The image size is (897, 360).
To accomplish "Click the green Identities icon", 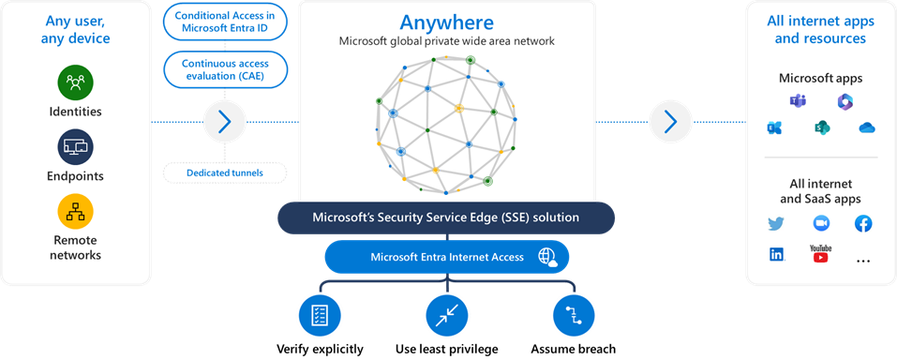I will pyautogui.click(x=75, y=82).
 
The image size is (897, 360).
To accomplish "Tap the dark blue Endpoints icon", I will pyautogui.click(x=75, y=146).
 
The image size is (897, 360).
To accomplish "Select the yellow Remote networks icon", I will pyautogui.click(x=75, y=212).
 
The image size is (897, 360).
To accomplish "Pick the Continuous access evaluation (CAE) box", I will pyautogui.click(x=225, y=67).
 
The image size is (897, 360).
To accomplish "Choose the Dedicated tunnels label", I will pyautogui.click(x=225, y=172).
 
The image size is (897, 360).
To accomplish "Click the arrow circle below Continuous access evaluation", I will pyautogui.click(x=224, y=121).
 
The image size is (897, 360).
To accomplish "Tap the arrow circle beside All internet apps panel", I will pyautogui.click(x=670, y=121).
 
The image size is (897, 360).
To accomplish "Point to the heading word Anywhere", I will pyautogui.click(x=445, y=22).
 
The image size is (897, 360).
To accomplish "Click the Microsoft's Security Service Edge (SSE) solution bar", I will pyautogui.click(x=445, y=217).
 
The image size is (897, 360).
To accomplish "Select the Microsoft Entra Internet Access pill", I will pyautogui.click(x=445, y=257).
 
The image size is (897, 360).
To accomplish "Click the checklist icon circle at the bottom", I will pyautogui.click(x=319, y=315).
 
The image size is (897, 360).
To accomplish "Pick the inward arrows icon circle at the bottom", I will pyautogui.click(x=445, y=315).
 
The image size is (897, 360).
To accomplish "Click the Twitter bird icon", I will pyautogui.click(x=775, y=224).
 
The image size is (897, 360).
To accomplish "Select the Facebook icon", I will pyautogui.click(x=863, y=224).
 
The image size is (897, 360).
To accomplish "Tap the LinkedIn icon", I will pyautogui.click(x=776, y=255).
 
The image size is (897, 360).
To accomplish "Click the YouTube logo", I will pyautogui.click(x=820, y=254).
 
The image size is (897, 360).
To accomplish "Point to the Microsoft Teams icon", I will pyautogui.click(x=798, y=101).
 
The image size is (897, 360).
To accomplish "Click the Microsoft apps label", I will pyautogui.click(x=820, y=78).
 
